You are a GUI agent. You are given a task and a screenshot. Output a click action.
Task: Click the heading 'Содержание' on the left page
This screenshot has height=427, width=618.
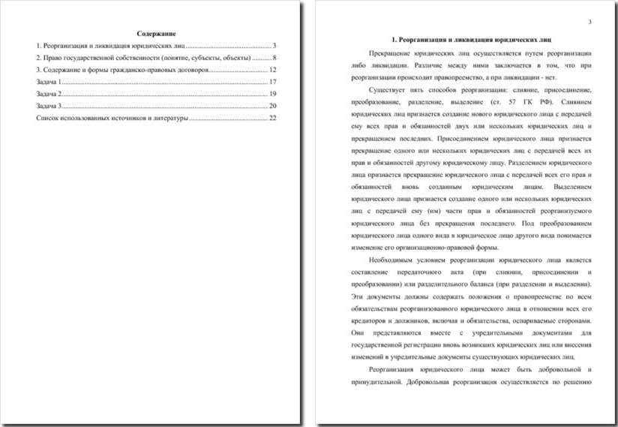(x=157, y=33)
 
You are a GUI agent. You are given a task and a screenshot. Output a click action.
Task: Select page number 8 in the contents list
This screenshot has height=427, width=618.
(x=275, y=57)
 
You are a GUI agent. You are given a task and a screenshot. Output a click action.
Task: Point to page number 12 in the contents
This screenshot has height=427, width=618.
(x=274, y=69)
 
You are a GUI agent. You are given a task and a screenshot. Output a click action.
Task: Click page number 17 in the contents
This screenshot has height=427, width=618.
(x=274, y=81)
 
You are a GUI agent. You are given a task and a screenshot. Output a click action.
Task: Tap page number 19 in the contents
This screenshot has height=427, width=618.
(x=274, y=94)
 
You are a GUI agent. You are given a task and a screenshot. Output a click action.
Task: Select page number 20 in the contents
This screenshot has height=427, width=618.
(x=274, y=106)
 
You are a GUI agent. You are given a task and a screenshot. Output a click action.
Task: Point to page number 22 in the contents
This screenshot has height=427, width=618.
(x=274, y=118)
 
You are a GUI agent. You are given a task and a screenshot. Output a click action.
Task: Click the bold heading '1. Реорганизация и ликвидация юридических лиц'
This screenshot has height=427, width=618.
(x=472, y=38)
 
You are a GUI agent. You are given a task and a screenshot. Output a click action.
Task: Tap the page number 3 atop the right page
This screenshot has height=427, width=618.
(x=589, y=22)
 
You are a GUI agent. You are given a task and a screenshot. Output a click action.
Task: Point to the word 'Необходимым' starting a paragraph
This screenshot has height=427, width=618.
(x=392, y=260)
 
